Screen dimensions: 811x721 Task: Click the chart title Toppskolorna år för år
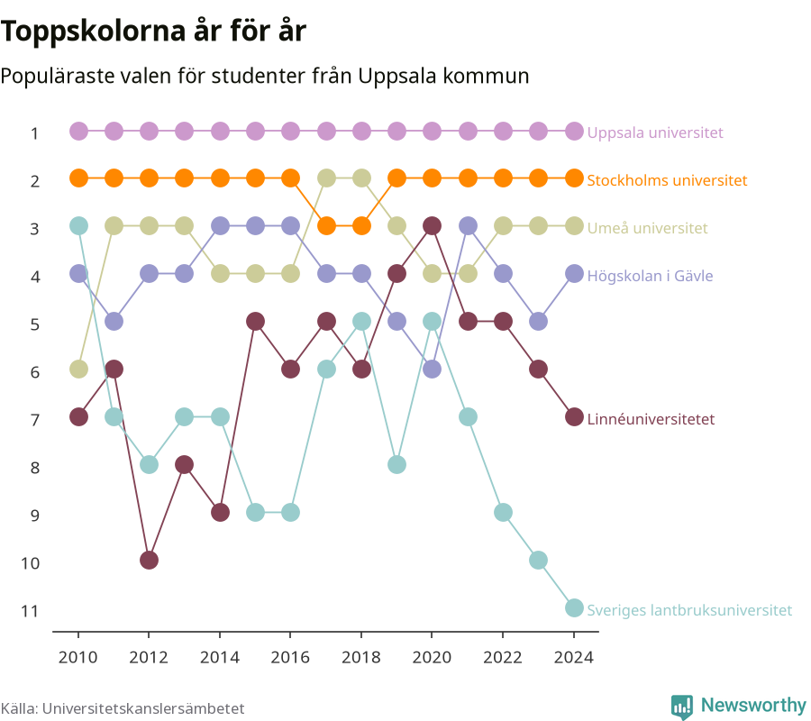(x=153, y=32)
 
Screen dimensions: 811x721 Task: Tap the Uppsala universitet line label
(x=655, y=132)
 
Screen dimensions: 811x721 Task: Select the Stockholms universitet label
(x=667, y=180)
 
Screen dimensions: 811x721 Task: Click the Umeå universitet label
(x=647, y=228)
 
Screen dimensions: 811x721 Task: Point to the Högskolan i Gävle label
(x=650, y=276)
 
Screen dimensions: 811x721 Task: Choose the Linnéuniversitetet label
(x=651, y=419)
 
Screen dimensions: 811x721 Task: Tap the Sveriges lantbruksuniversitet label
(x=689, y=610)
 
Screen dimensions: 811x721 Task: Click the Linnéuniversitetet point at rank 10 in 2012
(x=149, y=561)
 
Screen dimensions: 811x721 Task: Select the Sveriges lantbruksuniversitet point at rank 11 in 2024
(x=574, y=607)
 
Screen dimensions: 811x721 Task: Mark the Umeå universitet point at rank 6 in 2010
(x=78, y=370)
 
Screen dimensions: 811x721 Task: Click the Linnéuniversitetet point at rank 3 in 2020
(x=432, y=226)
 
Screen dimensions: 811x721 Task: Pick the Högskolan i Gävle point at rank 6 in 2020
(x=432, y=370)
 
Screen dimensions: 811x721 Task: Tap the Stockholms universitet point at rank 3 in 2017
(x=326, y=226)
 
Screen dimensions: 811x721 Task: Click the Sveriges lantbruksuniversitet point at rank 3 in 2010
(x=78, y=226)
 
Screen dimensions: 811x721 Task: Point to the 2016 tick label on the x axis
(x=290, y=657)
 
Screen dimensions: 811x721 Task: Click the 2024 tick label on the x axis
(x=574, y=657)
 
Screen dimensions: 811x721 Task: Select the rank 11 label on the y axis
(x=30, y=611)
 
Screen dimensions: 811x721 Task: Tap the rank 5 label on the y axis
(x=34, y=324)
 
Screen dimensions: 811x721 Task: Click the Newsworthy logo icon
(x=682, y=707)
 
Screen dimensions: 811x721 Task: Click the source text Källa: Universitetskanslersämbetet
(x=123, y=708)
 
